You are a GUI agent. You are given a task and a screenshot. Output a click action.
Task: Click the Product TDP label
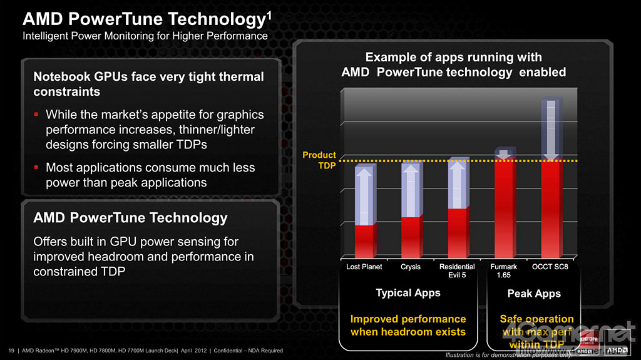(x=319, y=160)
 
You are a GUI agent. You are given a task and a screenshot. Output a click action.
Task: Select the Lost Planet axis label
(x=364, y=267)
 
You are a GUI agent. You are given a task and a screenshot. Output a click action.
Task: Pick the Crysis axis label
(x=411, y=267)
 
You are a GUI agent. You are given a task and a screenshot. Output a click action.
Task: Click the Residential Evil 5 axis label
(x=457, y=270)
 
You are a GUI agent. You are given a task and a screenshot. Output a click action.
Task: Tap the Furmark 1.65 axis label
(x=503, y=270)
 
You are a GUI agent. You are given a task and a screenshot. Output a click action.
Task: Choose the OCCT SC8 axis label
(x=550, y=267)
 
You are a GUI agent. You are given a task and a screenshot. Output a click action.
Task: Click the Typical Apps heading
(x=408, y=293)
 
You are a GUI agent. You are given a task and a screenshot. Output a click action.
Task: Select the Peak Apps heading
(x=534, y=294)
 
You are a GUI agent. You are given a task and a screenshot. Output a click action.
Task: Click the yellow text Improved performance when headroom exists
(x=408, y=325)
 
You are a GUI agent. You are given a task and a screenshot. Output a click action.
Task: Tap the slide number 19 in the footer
(x=11, y=350)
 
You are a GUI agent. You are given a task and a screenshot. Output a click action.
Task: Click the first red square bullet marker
(x=37, y=115)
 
